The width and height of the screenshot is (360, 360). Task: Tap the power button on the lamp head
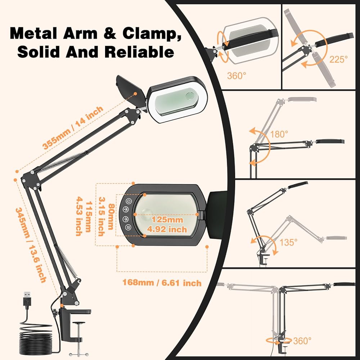129,201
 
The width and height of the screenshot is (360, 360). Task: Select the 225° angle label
339,59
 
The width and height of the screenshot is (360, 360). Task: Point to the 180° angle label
279,134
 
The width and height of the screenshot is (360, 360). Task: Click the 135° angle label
289,242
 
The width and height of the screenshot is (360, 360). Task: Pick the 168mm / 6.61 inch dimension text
162,283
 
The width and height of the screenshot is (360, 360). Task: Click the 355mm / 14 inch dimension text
73,128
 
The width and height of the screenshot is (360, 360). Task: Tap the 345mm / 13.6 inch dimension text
31,244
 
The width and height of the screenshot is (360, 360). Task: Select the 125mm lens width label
167,220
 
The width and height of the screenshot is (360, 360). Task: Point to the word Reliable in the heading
139,52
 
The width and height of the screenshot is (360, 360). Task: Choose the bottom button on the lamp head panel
128,228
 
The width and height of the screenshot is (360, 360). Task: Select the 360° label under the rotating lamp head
237,76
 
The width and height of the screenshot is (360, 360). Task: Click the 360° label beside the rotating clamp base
302,341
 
